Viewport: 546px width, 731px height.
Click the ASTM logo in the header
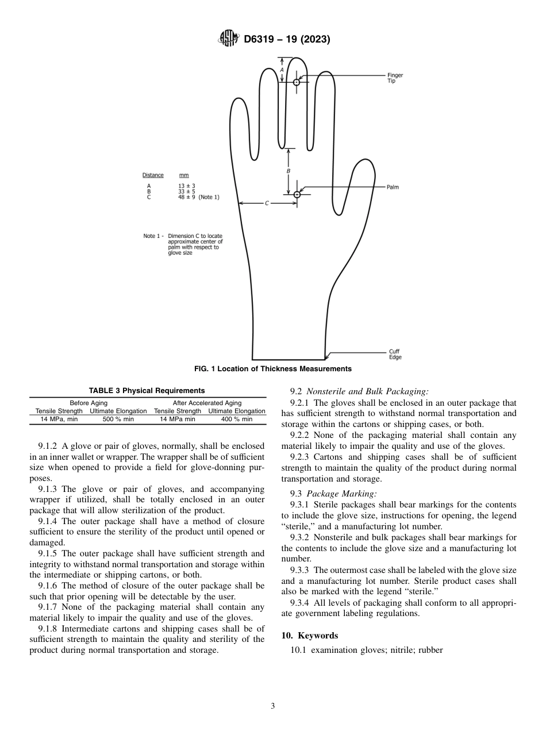(x=229, y=40)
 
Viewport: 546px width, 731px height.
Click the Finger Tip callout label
(x=395, y=78)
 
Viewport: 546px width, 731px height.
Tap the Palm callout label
(x=393, y=187)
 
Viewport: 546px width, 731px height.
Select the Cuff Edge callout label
(x=395, y=354)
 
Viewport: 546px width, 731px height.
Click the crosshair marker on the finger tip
(x=297, y=82)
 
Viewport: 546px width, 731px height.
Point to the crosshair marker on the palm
(x=297, y=194)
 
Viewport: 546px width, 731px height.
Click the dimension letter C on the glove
(x=267, y=203)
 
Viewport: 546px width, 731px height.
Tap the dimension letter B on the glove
(x=289, y=171)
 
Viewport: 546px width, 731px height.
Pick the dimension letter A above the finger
(x=282, y=70)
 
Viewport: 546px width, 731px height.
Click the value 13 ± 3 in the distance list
(x=187, y=186)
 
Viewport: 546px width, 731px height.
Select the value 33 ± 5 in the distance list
(x=187, y=191)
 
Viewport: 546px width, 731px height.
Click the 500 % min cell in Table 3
(x=118, y=420)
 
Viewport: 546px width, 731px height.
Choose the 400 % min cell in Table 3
(x=237, y=420)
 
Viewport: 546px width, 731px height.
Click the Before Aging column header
(x=89, y=403)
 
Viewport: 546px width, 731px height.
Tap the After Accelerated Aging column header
(x=207, y=403)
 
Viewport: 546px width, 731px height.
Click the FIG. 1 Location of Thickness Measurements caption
(x=272, y=369)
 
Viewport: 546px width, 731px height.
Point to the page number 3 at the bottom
(x=272, y=706)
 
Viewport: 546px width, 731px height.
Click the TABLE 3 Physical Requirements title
(x=147, y=391)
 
